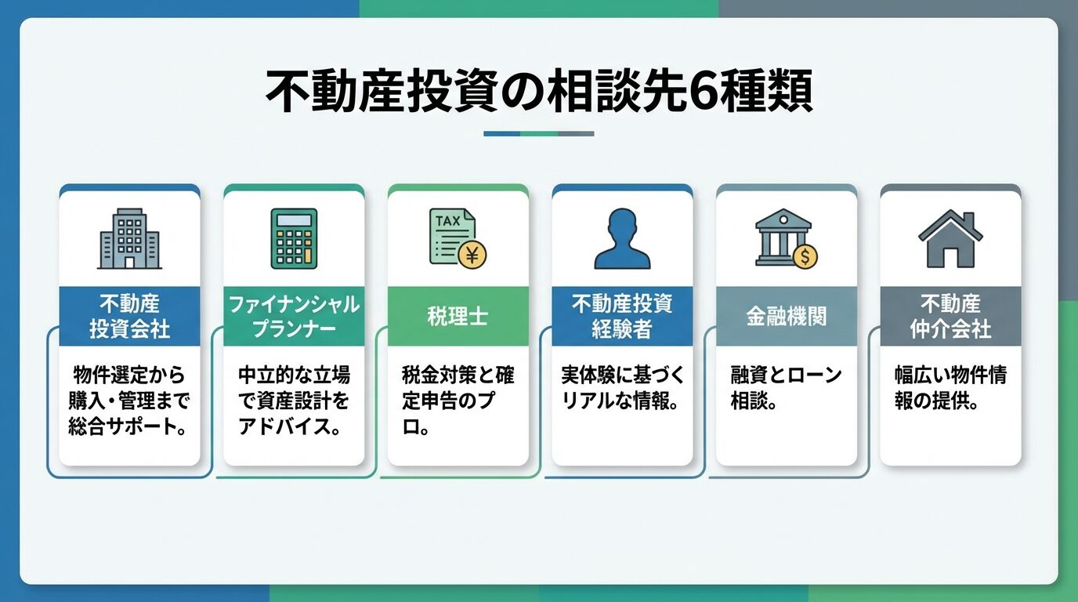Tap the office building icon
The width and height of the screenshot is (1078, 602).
129,238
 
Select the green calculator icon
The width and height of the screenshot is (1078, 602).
294,238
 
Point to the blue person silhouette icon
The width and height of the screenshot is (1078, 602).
622,238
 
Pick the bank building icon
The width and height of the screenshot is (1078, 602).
784,238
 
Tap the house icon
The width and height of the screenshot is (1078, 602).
950,238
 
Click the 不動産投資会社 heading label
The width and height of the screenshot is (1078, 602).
129,316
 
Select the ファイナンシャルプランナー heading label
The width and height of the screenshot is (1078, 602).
294,316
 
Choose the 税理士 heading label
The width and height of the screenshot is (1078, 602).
458,316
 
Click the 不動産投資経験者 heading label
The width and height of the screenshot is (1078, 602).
622,316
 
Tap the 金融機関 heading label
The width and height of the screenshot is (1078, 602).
786,316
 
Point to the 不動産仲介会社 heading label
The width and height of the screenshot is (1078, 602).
950,316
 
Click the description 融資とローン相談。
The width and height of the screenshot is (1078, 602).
786,388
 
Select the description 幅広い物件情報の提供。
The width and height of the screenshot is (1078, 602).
950,388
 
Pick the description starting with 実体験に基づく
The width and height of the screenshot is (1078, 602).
622,388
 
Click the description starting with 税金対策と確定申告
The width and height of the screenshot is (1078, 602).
458,401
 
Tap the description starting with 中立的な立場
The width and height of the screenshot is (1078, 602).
294,401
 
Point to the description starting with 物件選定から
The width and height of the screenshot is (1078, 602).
129,401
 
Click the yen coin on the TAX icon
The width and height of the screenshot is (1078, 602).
472,254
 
